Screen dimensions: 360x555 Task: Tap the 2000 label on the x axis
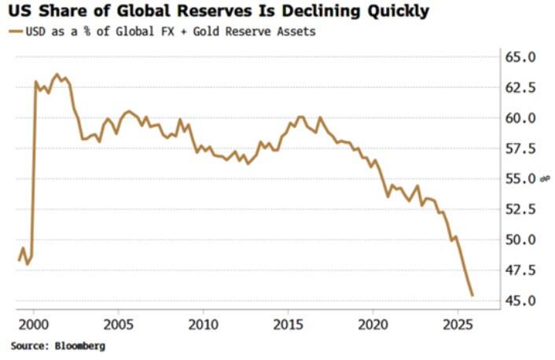[x=34, y=324]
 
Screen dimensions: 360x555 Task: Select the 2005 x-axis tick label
[x=118, y=324]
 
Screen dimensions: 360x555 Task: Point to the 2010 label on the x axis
[x=203, y=324]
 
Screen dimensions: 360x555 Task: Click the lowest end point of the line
[x=472, y=296]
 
